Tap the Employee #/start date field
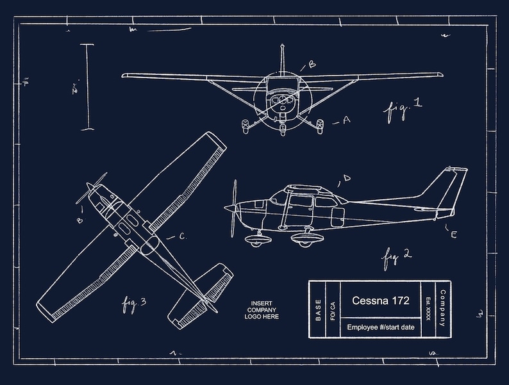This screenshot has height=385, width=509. point(381,327)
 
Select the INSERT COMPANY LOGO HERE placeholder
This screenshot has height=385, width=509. point(262,310)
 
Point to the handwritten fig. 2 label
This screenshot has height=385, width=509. point(397,257)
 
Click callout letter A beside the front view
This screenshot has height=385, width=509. point(347,120)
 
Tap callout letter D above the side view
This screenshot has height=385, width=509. point(346,177)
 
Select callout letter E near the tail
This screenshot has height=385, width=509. point(453,235)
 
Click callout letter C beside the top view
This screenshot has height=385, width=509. point(182,236)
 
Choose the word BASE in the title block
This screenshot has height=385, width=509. point(318,310)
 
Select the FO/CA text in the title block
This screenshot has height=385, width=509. point(332,310)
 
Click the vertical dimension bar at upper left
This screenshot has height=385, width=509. point(88,86)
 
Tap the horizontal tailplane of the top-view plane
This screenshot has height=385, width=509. point(203,291)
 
